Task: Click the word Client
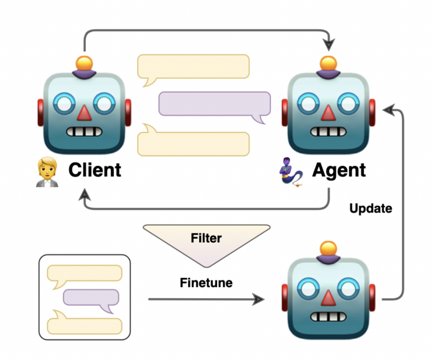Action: (x=95, y=170)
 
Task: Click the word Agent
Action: (x=339, y=170)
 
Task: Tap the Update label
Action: (x=370, y=208)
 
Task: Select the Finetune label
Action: (x=206, y=282)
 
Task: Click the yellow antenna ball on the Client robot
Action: (x=84, y=63)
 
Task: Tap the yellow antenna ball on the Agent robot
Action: (x=327, y=63)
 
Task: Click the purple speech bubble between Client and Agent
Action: (x=214, y=104)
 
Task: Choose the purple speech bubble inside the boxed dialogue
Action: (x=91, y=298)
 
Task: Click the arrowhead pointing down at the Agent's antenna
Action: (x=329, y=44)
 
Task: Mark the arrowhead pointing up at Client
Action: (x=86, y=195)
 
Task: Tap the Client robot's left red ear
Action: (x=41, y=112)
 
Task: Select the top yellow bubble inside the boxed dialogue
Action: (x=84, y=273)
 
